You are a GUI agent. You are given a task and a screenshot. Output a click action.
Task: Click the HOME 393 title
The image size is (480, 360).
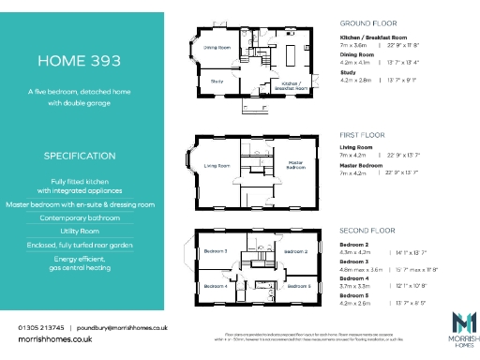pos(80,61)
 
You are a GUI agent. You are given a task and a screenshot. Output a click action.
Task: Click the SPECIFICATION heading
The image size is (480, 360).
pos(80,155)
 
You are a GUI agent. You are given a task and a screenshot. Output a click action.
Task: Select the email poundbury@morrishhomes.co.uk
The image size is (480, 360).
pos(124,327)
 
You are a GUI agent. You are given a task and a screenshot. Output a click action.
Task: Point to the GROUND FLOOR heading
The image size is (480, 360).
pos(370,22)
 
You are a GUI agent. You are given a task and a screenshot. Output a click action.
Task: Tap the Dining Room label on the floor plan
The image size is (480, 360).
pos(217,46)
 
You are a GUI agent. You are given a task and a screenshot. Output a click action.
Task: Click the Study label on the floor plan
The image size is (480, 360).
pos(216,82)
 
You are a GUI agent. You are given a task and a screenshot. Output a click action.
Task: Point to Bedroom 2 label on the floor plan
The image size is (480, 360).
pos(295,251)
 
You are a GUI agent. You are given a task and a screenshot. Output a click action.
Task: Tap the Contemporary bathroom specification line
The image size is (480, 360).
pos(80,217)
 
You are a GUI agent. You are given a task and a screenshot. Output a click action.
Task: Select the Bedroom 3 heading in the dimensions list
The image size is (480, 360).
pos(356,262)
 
